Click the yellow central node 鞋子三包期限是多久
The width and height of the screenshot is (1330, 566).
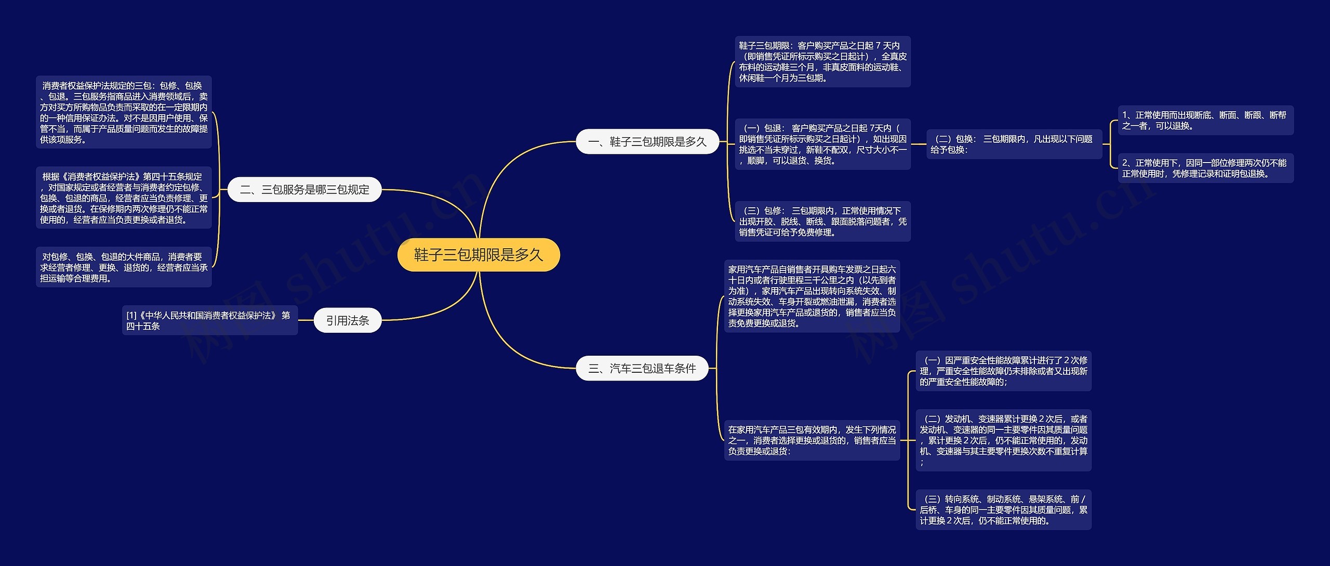pyautogui.click(x=478, y=255)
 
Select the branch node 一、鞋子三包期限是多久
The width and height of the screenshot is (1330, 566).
pyautogui.click(x=647, y=142)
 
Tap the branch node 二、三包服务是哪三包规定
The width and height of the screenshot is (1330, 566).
pyautogui.click(x=304, y=190)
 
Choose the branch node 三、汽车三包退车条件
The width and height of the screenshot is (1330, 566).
pyautogui.click(x=642, y=368)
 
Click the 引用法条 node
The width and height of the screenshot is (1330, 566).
pyautogui.click(x=348, y=320)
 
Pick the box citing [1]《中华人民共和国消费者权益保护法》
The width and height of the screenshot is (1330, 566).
pyautogui.click(x=210, y=320)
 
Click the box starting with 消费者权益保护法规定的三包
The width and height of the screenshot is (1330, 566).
pyautogui.click(x=124, y=112)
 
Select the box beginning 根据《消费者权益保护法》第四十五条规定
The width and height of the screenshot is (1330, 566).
pyautogui.click(x=124, y=198)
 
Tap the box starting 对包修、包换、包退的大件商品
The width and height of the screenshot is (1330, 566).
pyautogui.click(x=124, y=267)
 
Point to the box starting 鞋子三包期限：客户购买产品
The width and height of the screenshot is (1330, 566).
pyautogui.click(x=822, y=62)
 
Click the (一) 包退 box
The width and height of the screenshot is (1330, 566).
pyautogui.click(x=822, y=144)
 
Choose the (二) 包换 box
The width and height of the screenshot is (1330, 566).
pyautogui.click(x=1014, y=144)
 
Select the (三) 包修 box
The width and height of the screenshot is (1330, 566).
pyautogui.click(x=822, y=221)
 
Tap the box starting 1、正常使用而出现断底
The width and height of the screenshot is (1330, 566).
pyautogui.click(x=1205, y=120)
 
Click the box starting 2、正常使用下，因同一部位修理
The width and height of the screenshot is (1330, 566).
pyautogui.click(x=1205, y=168)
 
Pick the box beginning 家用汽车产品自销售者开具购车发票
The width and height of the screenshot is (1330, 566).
pyautogui.click(x=812, y=296)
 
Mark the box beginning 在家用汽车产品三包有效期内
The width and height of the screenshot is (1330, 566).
pyautogui.click(x=812, y=440)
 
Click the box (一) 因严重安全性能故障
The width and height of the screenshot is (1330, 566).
pyautogui.click(x=1003, y=371)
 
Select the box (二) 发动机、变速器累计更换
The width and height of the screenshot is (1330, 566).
pyautogui.click(x=1003, y=440)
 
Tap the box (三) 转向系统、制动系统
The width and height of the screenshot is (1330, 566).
pyautogui.click(x=1003, y=509)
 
